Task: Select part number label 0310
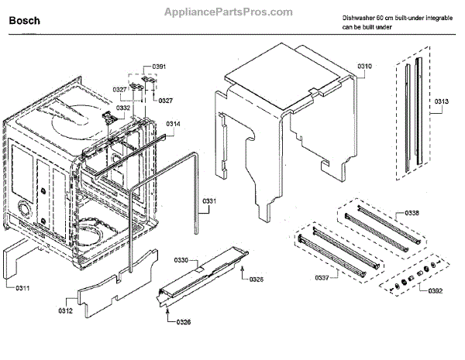pyautogui.click(x=363, y=67)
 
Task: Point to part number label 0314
pyautogui.click(x=173, y=124)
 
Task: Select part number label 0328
pyautogui.click(x=256, y=278)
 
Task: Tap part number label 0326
pyautogui.click(x=183, y=321)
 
